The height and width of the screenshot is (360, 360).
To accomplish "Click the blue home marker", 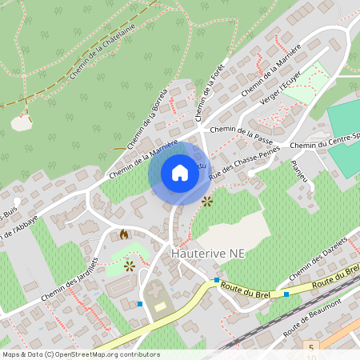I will [x=180, y=173].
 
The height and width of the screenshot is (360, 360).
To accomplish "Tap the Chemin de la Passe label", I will [x=240, y=129].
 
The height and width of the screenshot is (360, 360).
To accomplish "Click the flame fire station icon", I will [x=123, y=234].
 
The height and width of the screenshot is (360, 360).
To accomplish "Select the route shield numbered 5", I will [x=310, y=346].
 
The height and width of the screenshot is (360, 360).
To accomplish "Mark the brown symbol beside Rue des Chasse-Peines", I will [x=207, y=201].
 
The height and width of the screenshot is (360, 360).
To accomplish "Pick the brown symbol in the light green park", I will [x=129, y=265].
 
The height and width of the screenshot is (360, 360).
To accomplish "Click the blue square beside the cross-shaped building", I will [x=140, y=303].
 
